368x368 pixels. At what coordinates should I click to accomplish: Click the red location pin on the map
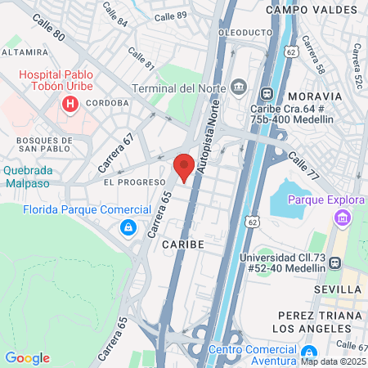(185, 166)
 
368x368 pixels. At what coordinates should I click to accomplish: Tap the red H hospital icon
(70, 104)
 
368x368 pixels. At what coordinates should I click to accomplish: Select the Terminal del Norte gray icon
(239, 87)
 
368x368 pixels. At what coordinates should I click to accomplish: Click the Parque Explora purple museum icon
(341, 218)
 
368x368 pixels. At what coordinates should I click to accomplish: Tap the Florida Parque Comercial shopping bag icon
(128, 228)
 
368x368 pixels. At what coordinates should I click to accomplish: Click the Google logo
(27, 357)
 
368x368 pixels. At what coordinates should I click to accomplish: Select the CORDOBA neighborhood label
(105, 103)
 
